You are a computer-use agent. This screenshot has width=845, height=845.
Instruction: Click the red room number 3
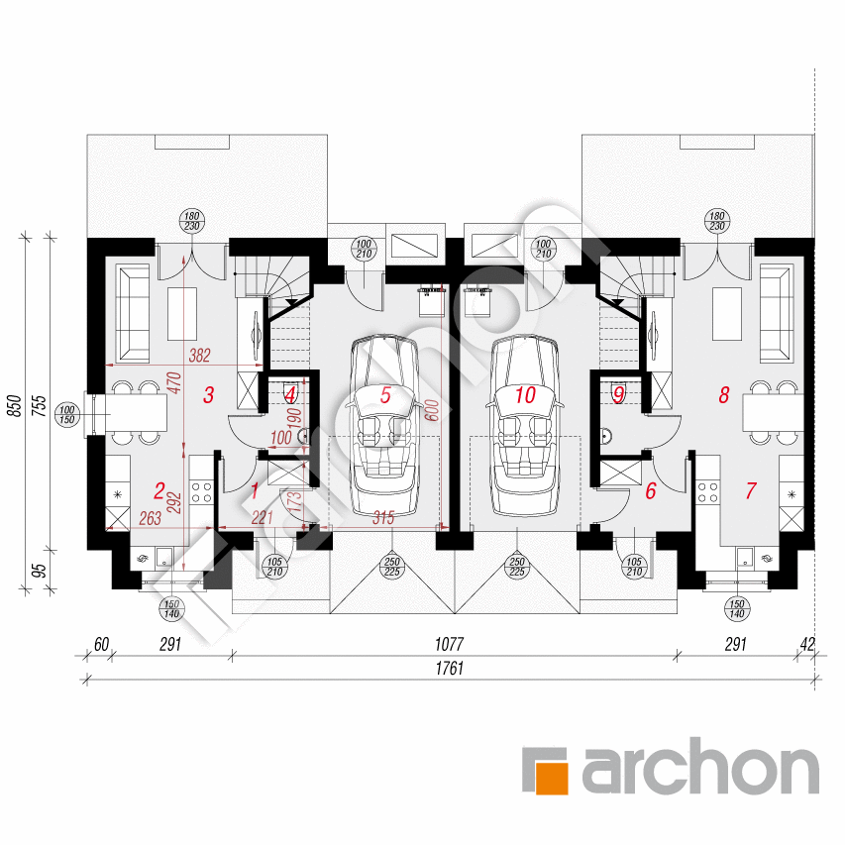pos(209,394)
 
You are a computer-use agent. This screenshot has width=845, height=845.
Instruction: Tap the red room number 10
pos(525,394)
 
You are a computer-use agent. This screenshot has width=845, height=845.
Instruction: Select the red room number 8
pos(724,394)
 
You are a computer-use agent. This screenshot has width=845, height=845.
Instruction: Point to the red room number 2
pos(158,490)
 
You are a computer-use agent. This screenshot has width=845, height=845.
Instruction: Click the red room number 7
pos(751,490)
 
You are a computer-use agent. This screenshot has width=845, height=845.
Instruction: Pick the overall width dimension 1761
pos(450,669)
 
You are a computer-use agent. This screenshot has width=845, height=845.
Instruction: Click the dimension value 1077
pos(450,644)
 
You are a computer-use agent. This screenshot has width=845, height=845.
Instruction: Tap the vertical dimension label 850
pos(16,406)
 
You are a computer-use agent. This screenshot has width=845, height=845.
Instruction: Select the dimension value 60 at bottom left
pos(101,644)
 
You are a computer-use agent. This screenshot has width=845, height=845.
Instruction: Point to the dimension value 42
pos(807,644)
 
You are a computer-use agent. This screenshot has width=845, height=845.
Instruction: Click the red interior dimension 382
pos(199,355)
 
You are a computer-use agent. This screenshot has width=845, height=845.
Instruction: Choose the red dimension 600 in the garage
pos(432,410)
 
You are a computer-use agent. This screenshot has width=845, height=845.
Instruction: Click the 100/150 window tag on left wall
pos(66,415)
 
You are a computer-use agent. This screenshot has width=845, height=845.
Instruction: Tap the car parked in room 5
pos(384,426)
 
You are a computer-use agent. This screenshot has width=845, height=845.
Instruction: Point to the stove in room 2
pos(201,492)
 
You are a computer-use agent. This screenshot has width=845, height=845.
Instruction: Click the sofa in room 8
pos(777,313)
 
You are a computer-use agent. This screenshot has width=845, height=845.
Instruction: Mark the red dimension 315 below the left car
pos(383,518)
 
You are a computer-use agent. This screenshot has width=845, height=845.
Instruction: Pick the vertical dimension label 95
pos(40,571)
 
